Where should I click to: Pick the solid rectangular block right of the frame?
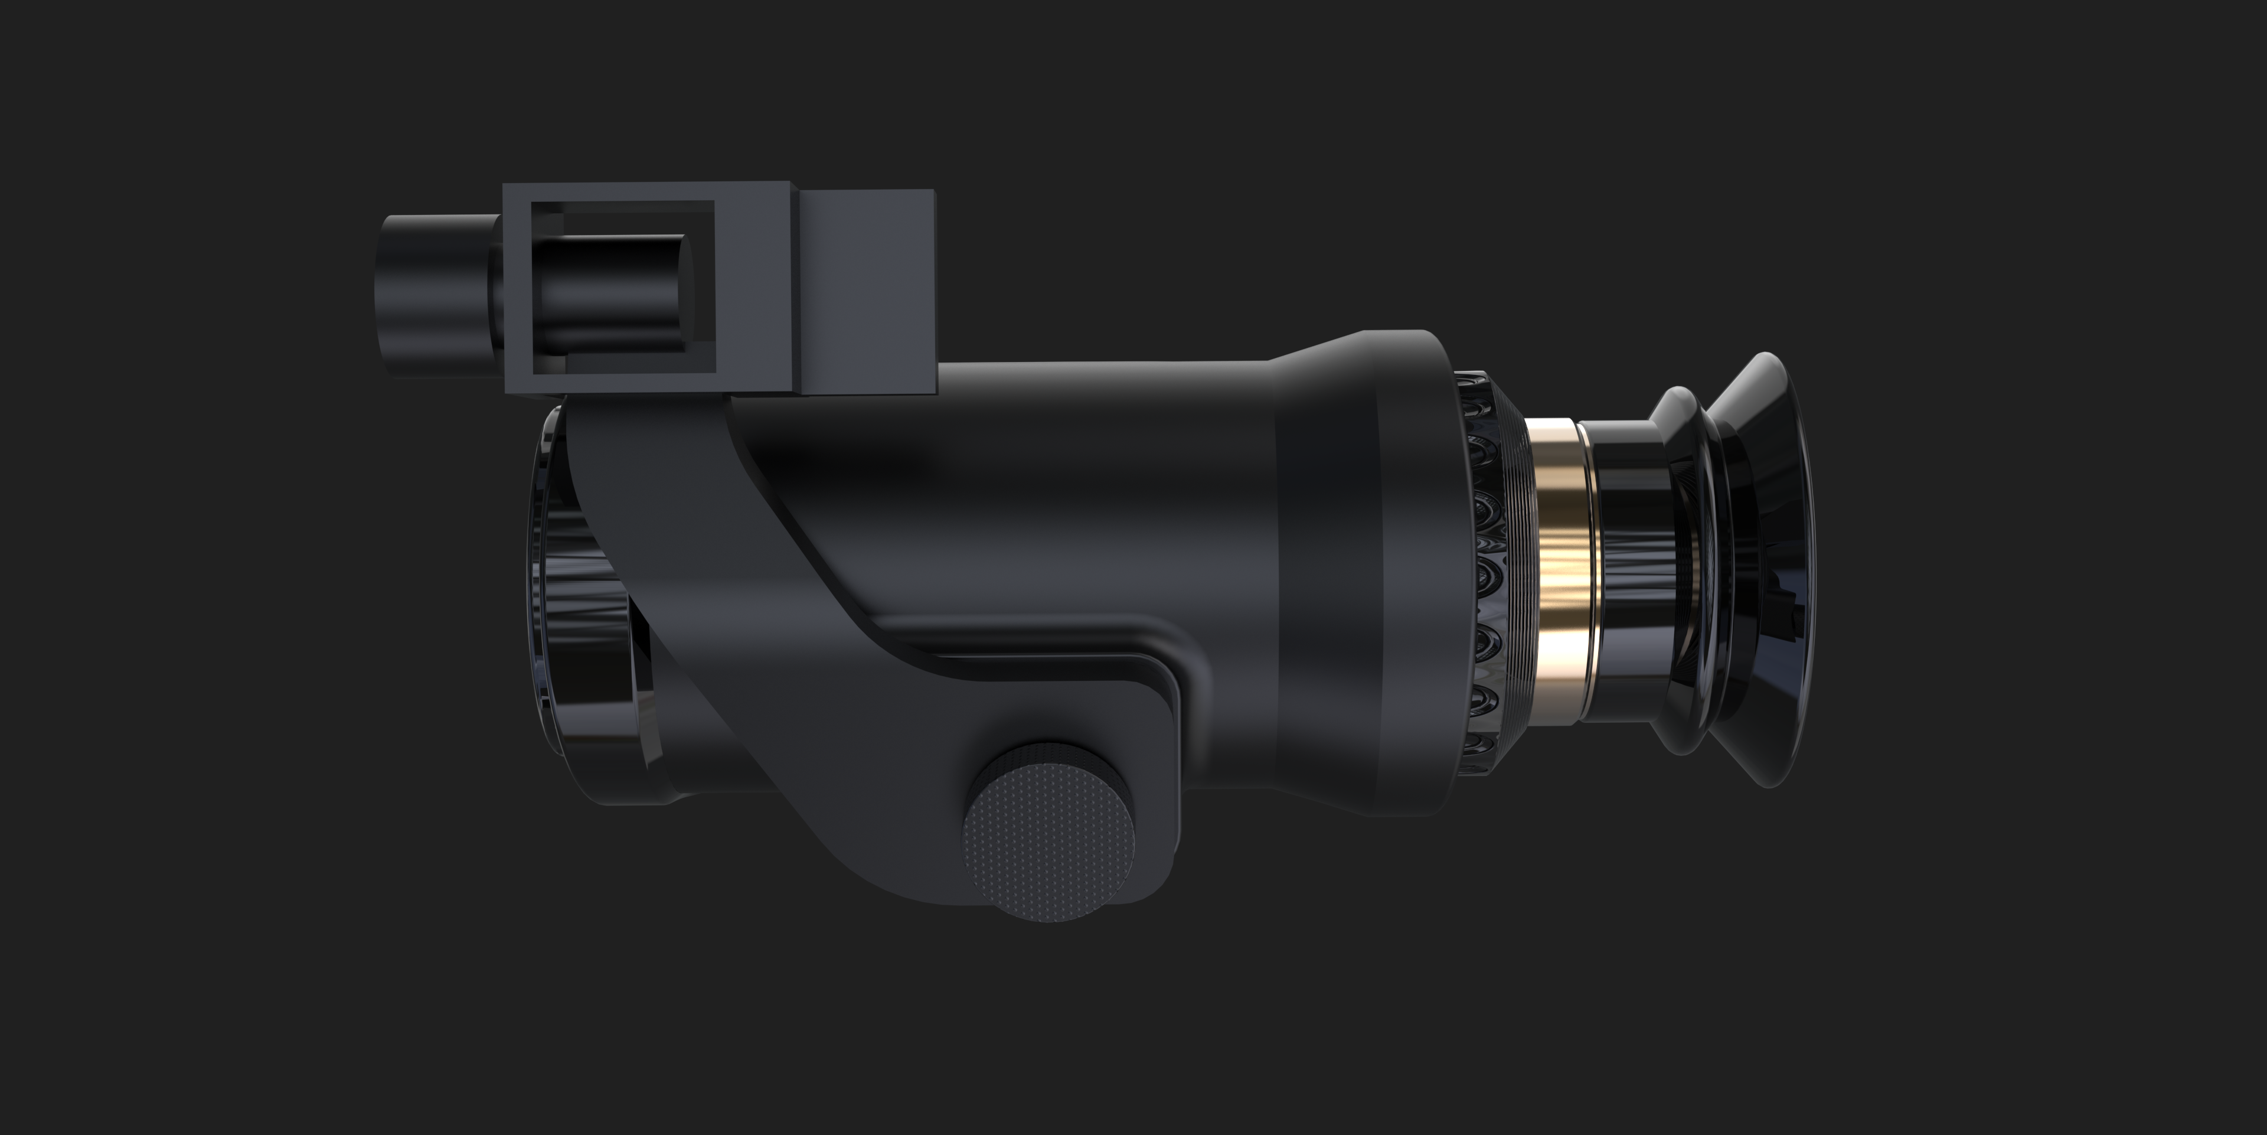(x=867, y=291)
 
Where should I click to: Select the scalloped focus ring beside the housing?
(x=1483, y=572)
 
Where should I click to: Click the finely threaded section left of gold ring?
(x=1515, y=572)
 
